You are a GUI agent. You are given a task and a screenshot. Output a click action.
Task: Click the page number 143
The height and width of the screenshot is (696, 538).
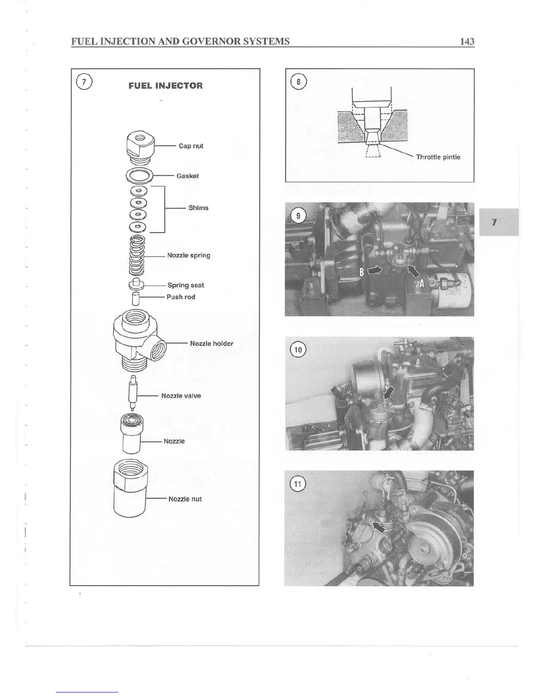[x=467, y=41]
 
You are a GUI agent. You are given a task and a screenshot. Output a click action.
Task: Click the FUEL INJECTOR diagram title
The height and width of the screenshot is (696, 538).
[x=165, y=86]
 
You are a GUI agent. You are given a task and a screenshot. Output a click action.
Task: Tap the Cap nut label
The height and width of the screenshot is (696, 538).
[x=191, y=146]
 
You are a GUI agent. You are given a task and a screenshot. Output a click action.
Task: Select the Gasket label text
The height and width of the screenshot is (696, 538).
[x=187, y=176]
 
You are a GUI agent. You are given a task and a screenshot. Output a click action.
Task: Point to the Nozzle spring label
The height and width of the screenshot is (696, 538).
[x=189, y=255]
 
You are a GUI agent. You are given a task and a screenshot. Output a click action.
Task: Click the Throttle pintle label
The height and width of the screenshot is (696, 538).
[x=438, y=157]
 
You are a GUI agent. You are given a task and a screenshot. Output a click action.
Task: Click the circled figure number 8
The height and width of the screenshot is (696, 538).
[x=299, y=83]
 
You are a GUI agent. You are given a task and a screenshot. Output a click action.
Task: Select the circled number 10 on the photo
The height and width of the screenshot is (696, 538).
[x=298, y=350]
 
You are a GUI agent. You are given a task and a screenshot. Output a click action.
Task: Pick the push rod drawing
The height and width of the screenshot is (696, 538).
[x=136, y=298]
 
